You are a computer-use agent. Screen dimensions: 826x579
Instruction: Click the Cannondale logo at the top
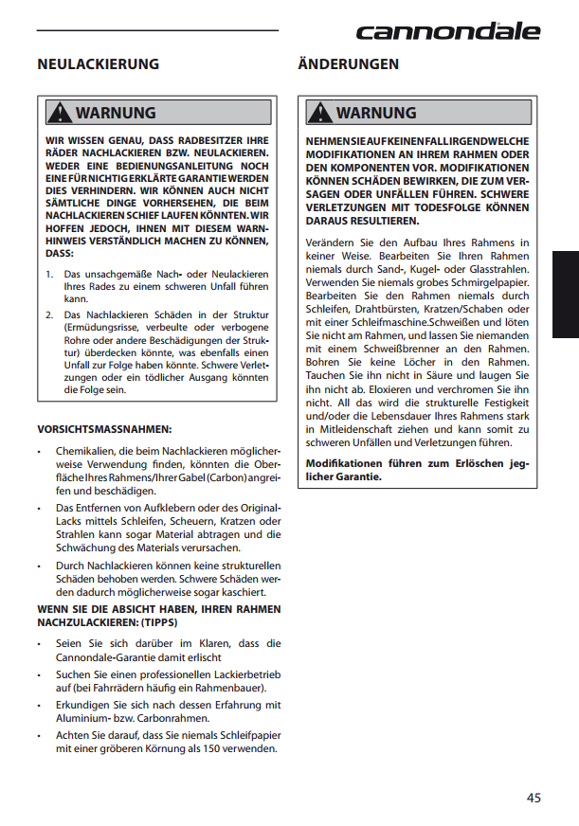(x=447, y=31)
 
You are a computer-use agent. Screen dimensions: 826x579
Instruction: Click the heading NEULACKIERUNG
(x=98, y=64)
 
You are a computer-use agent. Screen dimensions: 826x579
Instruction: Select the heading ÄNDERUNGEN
(x=348, y=64)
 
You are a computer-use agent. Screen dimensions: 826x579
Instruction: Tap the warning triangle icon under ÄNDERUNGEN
(x=322, y=113)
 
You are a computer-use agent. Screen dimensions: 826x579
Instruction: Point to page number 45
(x=534, y=798)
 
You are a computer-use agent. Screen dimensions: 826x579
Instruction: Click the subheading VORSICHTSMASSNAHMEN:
(x=104, y=429)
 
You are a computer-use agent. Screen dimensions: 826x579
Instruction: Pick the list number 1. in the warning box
(x=50, y=274)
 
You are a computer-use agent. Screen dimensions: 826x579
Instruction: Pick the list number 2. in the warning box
(x=50, y=314)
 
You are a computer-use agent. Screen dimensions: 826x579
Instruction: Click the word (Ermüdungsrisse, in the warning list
(x=103, y=327)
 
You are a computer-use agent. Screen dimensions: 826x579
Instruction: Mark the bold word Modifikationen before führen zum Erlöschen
(x=344, y=463)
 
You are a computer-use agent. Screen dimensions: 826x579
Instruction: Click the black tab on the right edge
(x=566, y=295)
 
